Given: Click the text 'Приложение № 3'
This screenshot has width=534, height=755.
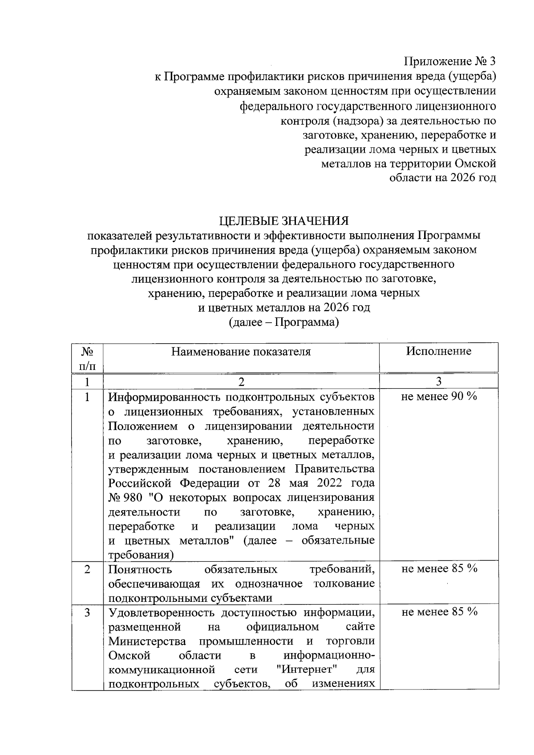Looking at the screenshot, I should [449, 61].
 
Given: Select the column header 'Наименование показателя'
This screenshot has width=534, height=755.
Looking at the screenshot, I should [241, 352].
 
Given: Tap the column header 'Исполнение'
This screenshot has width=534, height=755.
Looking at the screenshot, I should [438, 351].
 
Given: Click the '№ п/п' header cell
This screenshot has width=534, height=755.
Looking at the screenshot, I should [87, 358].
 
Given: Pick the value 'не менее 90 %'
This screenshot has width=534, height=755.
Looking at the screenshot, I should [439, 397].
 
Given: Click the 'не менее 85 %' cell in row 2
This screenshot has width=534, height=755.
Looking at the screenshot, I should [439, 569].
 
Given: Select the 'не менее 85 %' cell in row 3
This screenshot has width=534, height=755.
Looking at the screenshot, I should [439, 612].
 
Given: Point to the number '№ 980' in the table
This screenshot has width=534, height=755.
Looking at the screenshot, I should [125, 498].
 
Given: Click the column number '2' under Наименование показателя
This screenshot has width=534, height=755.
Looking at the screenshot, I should [241, 382].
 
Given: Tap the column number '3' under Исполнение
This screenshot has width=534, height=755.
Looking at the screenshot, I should [438, 382].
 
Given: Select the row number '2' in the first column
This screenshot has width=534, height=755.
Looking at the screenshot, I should [87, 569].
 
